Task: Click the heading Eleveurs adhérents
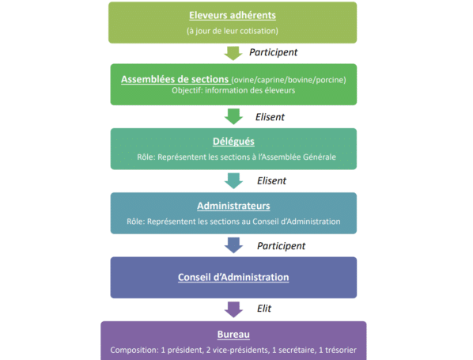pyautogui.click(x=233, y=15)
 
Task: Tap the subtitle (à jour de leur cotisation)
pyautogui.click(x=233, y=31)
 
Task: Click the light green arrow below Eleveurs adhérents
pyautogui.click(x=233, y=54)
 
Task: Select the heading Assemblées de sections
pyautogui.click(x=175, y=79)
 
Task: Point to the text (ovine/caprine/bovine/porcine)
pyautogui.click(x=289, y=80)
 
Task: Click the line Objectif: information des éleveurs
pyautogui.click(x=233, y=90)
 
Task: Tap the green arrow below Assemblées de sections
pyautogui.click(x=233, y=116)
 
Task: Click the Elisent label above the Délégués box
pyautogui.click(x=270, y=117)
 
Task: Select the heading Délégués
pyautogui.click(x=233, y=142)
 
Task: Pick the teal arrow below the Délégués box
pyautogui.click(x=233, y=180)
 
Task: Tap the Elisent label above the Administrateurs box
pyautogui.click(x=271, y=180)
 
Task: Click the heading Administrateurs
pyautogui.click(x=233, y=206)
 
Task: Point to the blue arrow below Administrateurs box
pyautogui.click(x=233, y=245)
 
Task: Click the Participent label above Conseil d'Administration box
pyautogui.click(x=281, y=246)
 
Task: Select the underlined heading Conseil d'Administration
pyautogui.click(x=233, y=277)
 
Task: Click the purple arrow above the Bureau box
pyautogui.click(x=233, y=309)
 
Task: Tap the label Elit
pyautogui.click(x=264, y=309)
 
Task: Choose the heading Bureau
pyautogui.click(x=233, y=335)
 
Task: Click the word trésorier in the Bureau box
pyautogui.click(x=341, y=350)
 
